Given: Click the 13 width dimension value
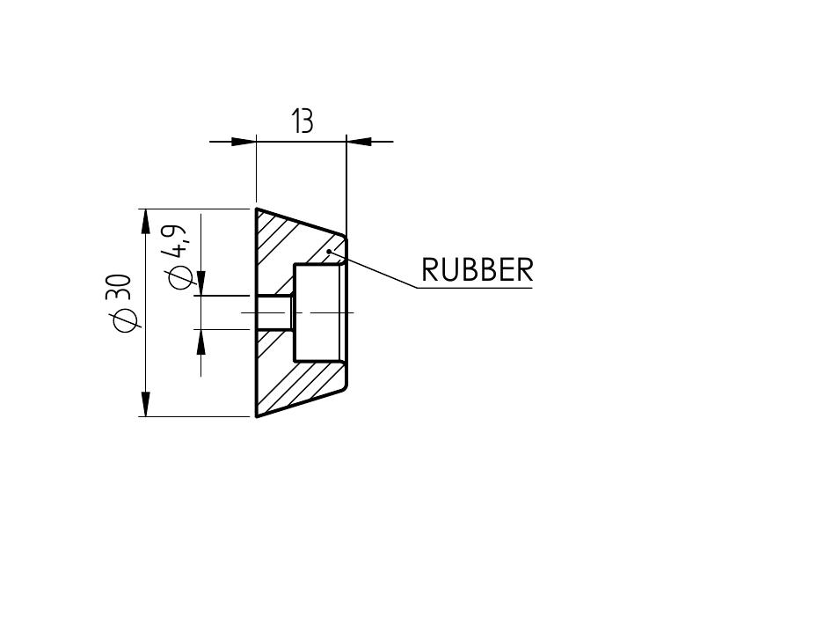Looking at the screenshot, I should pyautogui.click(x=302, y=121).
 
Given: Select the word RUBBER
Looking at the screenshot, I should pyautogui.click(x=477, y=270).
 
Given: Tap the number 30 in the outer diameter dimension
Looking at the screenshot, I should pyautogui.click(x=123, y=289).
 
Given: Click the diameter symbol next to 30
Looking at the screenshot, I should pyautogui.click(x=125, y=320).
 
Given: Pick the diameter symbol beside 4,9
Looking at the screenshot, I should pyautogui.click(x=179, y=276).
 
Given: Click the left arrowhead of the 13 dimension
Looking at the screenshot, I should pyautogui.click(x=244, y=141).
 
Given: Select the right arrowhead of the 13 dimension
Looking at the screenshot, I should pyautogui.click(x=359, y=141).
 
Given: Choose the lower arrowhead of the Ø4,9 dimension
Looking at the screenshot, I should pyautogui.click(x=201, y=341).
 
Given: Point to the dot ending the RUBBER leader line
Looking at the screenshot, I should pyautogui.click(x=329, y=252).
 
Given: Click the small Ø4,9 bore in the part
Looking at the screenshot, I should pyautogui.click(x=275, y=312).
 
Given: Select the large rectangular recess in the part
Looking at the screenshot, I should pyautogui.click(x=317, y=312).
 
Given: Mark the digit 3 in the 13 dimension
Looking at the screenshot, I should pyautogui.click(x=307, y=121).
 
